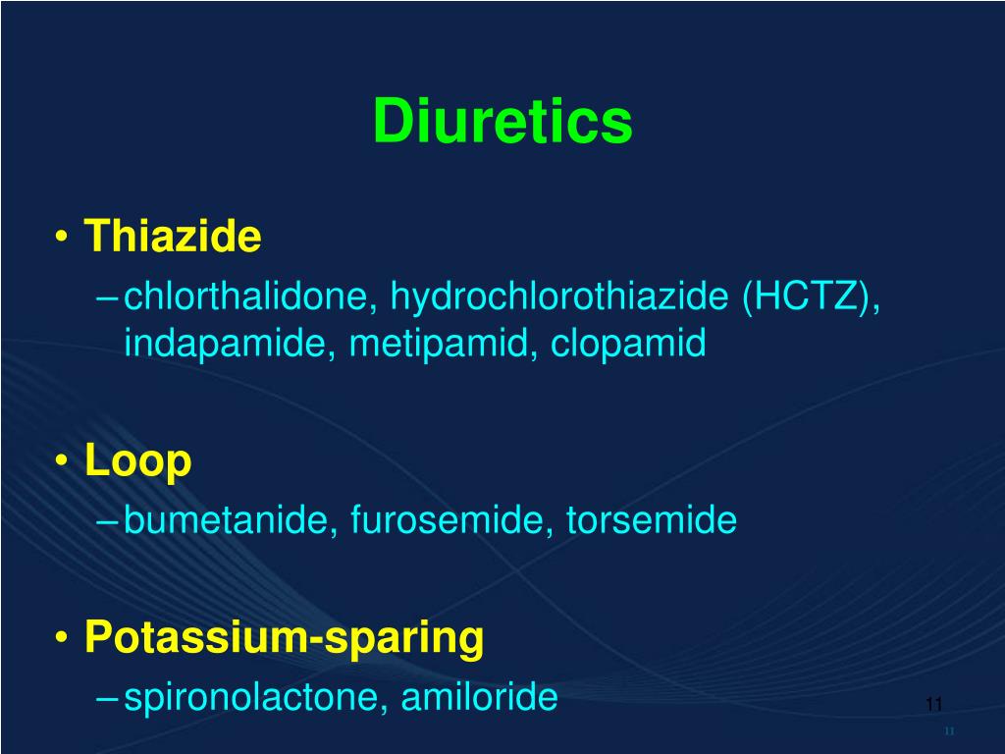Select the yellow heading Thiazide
click(x=173, y=237)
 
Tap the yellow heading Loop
click(x=137, y=460)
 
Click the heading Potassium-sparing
click(x=285, y=637)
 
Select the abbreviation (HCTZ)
click(x=811, y=296)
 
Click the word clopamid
click(x=628, y=343)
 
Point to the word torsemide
click(x=651, y=520)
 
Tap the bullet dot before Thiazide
click(x=62, y=239)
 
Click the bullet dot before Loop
click(x=62, y=462)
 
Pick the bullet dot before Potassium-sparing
click(x=62, y=639)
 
